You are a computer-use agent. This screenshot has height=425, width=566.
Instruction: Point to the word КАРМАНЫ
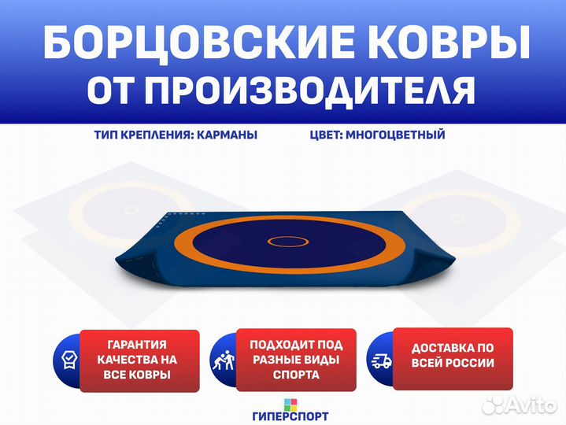tap(228, 135)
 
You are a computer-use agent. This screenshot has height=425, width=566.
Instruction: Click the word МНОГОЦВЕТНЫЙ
tap(395, 135)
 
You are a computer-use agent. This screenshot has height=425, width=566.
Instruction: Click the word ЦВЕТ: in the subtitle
tap(326, 135)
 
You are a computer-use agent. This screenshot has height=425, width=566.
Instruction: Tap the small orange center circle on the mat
tap(288, 242)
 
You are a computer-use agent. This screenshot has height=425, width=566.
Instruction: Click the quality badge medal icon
tap(69, 360)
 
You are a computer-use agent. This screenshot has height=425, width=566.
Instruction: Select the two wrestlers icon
tap(224, 360)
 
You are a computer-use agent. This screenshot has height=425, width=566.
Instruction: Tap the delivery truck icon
tap(382, 360)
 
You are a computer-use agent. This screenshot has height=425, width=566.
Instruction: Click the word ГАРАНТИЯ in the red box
tap(137, 345)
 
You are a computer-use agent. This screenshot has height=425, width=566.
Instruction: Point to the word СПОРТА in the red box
tap(296, 375)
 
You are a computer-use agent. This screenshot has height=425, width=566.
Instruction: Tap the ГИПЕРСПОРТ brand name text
tap(290, 416)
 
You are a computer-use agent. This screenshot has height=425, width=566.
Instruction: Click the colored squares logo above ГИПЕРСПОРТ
tap(290, 405)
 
